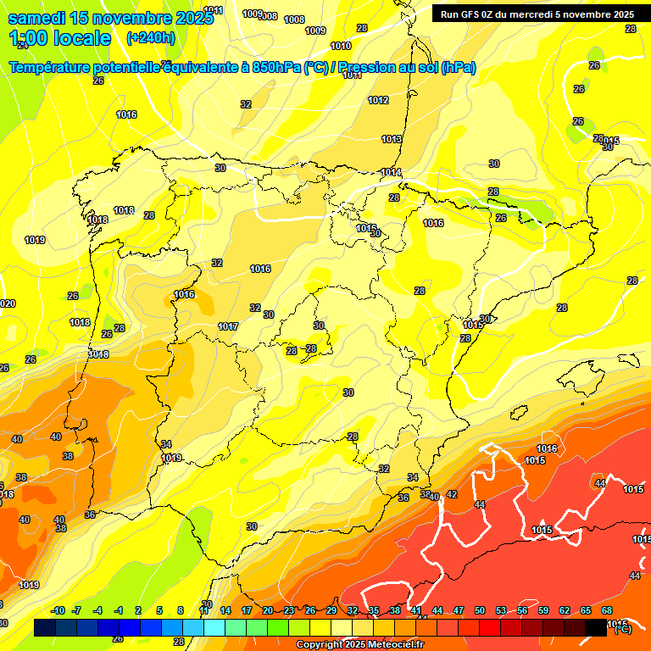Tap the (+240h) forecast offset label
pyautogui.click(x=150, y=38)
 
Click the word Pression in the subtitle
pyautogui.click(x=365, y=68)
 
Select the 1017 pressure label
pyautogui.click(x=228, y=326)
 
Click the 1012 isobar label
pyautogui.click(x=378, y=101)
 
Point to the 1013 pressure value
pyautogui.click(x=392, y=140)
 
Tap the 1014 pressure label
pyautogui.click(x=391, y=173)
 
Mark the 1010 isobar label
pyautogui.click(x=341, y=47)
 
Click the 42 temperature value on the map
pyautogui.click(x=452, y=494)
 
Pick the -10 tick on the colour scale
pyautogui.click(x=58, y=610)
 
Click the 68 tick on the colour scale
pyautogui.click(x=607, y=610)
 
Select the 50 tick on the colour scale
pyautogui.click(x=480, y=610)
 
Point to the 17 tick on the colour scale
pyautogui.click(x=247, y=610)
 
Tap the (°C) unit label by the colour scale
pyautogui.click(x=621, y=629)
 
